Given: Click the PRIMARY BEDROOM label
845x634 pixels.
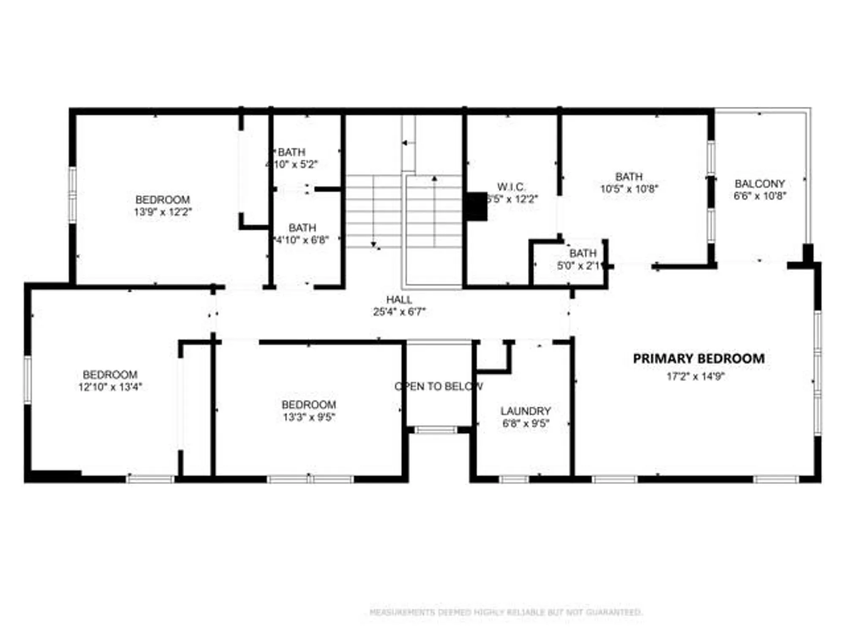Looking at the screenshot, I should tap(698, 358).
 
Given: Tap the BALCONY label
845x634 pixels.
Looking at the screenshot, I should tap(760, 184).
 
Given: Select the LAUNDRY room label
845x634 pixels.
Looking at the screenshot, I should tap(526, 411).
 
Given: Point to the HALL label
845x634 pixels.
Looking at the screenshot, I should tap(399, 300).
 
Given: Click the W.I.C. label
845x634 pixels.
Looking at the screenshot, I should tap(511, 187).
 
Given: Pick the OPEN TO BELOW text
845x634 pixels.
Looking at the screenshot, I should tap(438, 386).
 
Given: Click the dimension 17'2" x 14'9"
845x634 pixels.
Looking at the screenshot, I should tap(695, 376).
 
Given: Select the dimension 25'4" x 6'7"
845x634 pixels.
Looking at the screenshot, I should tap(399, 312).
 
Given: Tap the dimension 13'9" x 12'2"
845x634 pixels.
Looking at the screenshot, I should tap(163, 212).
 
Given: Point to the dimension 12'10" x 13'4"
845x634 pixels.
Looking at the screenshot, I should tap(110, 387).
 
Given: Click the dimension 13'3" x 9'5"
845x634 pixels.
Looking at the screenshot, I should tap(309, 417).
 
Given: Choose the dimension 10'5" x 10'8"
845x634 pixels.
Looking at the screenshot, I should tap(629, 189).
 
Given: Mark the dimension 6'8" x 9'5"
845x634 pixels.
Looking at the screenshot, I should tap(526, 423).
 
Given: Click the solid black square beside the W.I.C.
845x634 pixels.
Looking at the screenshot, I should tap(477, 206).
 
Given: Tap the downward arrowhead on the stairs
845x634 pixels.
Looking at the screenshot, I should tap(373, 244).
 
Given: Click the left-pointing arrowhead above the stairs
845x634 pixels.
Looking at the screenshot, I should tap(404, 143).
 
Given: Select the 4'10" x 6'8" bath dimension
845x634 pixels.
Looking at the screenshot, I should tap(302, 240).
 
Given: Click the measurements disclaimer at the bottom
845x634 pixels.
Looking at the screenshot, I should tap(506, 612).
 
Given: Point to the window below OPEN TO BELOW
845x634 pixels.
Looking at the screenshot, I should tap(436, 430).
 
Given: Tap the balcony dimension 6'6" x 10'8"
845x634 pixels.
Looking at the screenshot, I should tap(760, 196).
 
